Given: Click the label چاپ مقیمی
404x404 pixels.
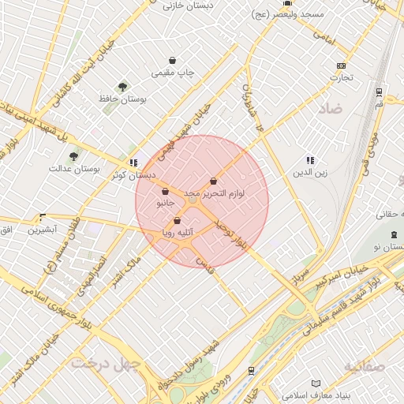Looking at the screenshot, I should [x=173, y=73].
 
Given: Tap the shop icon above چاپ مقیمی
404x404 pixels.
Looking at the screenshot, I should [x=173, y=61].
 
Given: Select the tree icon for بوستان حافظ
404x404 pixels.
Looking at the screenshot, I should [x=122, y=86].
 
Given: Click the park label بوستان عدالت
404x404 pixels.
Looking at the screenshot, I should [x=73, y=169].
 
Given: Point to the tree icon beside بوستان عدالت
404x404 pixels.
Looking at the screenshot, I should [x=74, y=156].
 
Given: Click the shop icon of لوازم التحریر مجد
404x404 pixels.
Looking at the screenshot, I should [x=213, y=181].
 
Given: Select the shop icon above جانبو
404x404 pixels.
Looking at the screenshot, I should [x=165, y=191].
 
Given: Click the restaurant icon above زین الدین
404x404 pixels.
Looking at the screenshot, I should [x=310, y=159].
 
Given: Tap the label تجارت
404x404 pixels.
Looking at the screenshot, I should [x=341, y=78].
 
